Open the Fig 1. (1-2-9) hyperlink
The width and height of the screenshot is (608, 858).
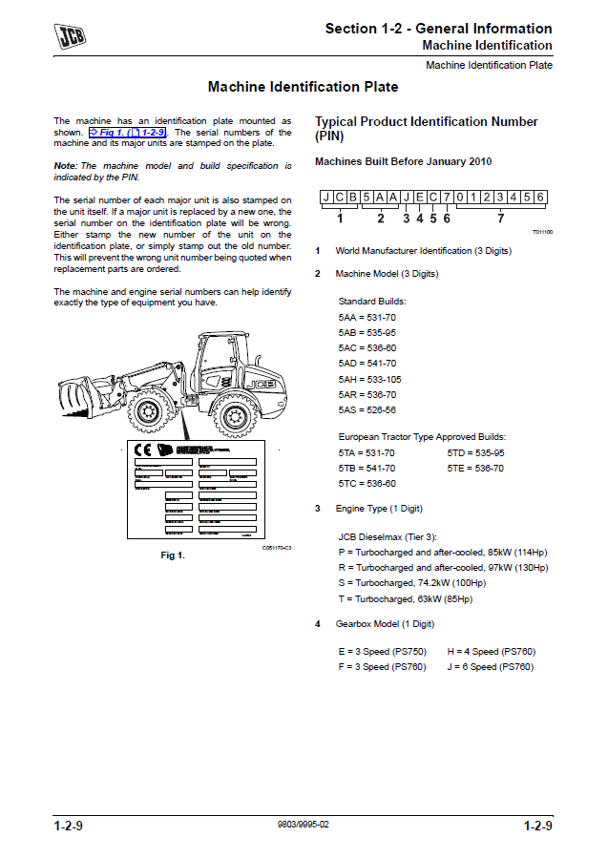point(128,133)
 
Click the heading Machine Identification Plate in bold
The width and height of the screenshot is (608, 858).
point(303,87)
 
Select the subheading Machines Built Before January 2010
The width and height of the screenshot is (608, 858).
point(403,161)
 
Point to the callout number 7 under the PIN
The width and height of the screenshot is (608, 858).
point(500,218)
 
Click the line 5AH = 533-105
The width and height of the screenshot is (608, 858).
point(369,379)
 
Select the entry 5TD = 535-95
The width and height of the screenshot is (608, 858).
point(475,452)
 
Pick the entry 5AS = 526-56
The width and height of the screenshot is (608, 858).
point(367,409)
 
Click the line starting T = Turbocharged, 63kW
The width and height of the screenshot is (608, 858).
point(405,598)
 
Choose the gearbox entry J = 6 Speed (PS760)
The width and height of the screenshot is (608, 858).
point(490,666)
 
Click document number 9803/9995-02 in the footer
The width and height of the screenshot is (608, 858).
point(303,825)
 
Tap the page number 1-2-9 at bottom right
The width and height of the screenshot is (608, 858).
point(537,826)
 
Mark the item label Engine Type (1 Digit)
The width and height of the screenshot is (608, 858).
point(378,509)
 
